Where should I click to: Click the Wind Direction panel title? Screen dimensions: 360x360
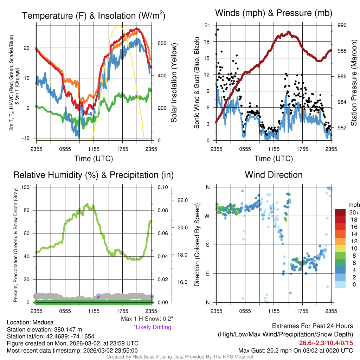274,175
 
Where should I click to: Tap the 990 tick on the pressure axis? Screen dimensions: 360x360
342,25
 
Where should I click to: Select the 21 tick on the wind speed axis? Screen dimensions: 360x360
207,25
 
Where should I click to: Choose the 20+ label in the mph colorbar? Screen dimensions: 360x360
353,212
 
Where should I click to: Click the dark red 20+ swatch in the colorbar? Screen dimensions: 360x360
341,212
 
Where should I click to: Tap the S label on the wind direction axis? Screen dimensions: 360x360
207,245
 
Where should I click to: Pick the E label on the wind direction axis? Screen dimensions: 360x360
207,273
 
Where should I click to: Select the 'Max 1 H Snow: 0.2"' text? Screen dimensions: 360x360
147,319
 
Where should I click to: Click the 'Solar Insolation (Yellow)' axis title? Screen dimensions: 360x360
174,83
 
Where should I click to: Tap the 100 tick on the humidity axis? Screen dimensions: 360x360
25,187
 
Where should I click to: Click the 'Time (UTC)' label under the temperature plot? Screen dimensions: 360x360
94,159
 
